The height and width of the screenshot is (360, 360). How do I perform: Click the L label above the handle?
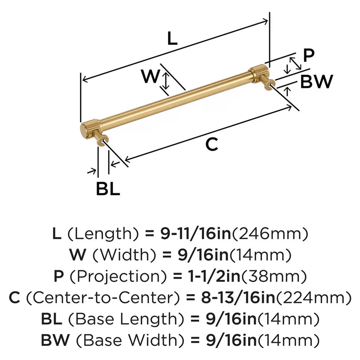coord(173,39)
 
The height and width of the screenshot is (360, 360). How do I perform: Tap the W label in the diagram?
coord(149,76)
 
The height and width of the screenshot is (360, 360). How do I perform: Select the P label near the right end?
coord(309,55)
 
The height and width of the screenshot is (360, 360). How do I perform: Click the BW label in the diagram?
coord(317,82)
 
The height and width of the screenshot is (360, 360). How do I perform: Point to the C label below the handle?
coord(212,144)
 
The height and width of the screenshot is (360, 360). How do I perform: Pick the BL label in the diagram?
coord(108,189)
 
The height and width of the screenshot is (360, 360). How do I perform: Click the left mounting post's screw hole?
coord(104,140)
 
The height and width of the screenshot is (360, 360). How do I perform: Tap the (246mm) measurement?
coord(269,234)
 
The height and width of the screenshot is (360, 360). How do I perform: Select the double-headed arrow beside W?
coord(165,81)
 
